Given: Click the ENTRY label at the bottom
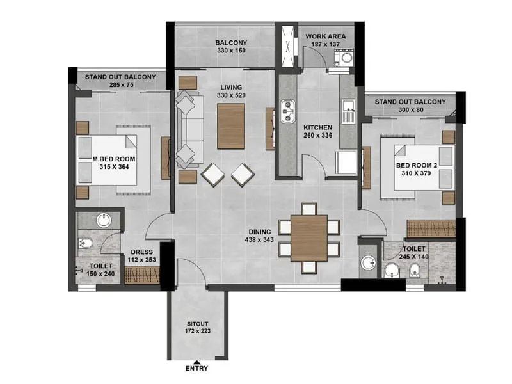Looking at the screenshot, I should (x=196, y=369).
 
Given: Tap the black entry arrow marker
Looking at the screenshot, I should (x=196, y=362).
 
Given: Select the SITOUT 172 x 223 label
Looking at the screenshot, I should (x=196, y=327).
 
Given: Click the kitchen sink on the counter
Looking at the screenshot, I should (x=286, y=109).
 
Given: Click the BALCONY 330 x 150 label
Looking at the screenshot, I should (x=231, y=47).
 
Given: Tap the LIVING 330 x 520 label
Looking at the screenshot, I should (x=231, y=91).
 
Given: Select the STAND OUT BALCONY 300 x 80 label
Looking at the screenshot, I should (x=410, y=106).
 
